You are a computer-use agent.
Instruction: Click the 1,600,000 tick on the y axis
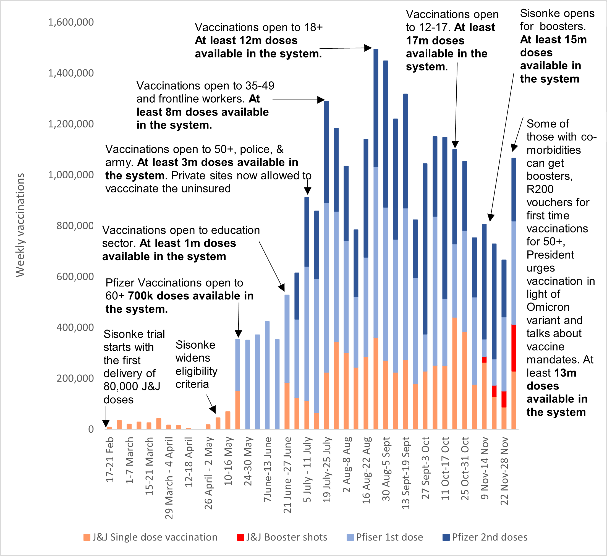coord(71,22)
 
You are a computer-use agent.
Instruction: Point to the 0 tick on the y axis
coord(91,429)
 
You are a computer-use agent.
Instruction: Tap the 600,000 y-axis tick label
coord(75,276)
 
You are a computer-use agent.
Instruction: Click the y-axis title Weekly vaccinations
coord(20,225)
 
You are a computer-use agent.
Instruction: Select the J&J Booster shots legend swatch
coord(240,537)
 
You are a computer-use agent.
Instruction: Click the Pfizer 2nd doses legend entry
coord(485,537)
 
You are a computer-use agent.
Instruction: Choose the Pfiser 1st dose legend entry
coord(385,537)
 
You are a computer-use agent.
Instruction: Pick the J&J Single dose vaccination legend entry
coord(150,537)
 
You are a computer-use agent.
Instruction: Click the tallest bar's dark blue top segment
coord(376,108)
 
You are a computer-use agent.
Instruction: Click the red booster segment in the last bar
coord(514,348)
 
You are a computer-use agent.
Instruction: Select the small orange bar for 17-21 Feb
coord(109,428)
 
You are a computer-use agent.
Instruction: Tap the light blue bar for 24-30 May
coord(247,384)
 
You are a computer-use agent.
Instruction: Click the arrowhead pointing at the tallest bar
coord(368,48)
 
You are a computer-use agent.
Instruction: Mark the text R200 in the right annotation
coord(540,189)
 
